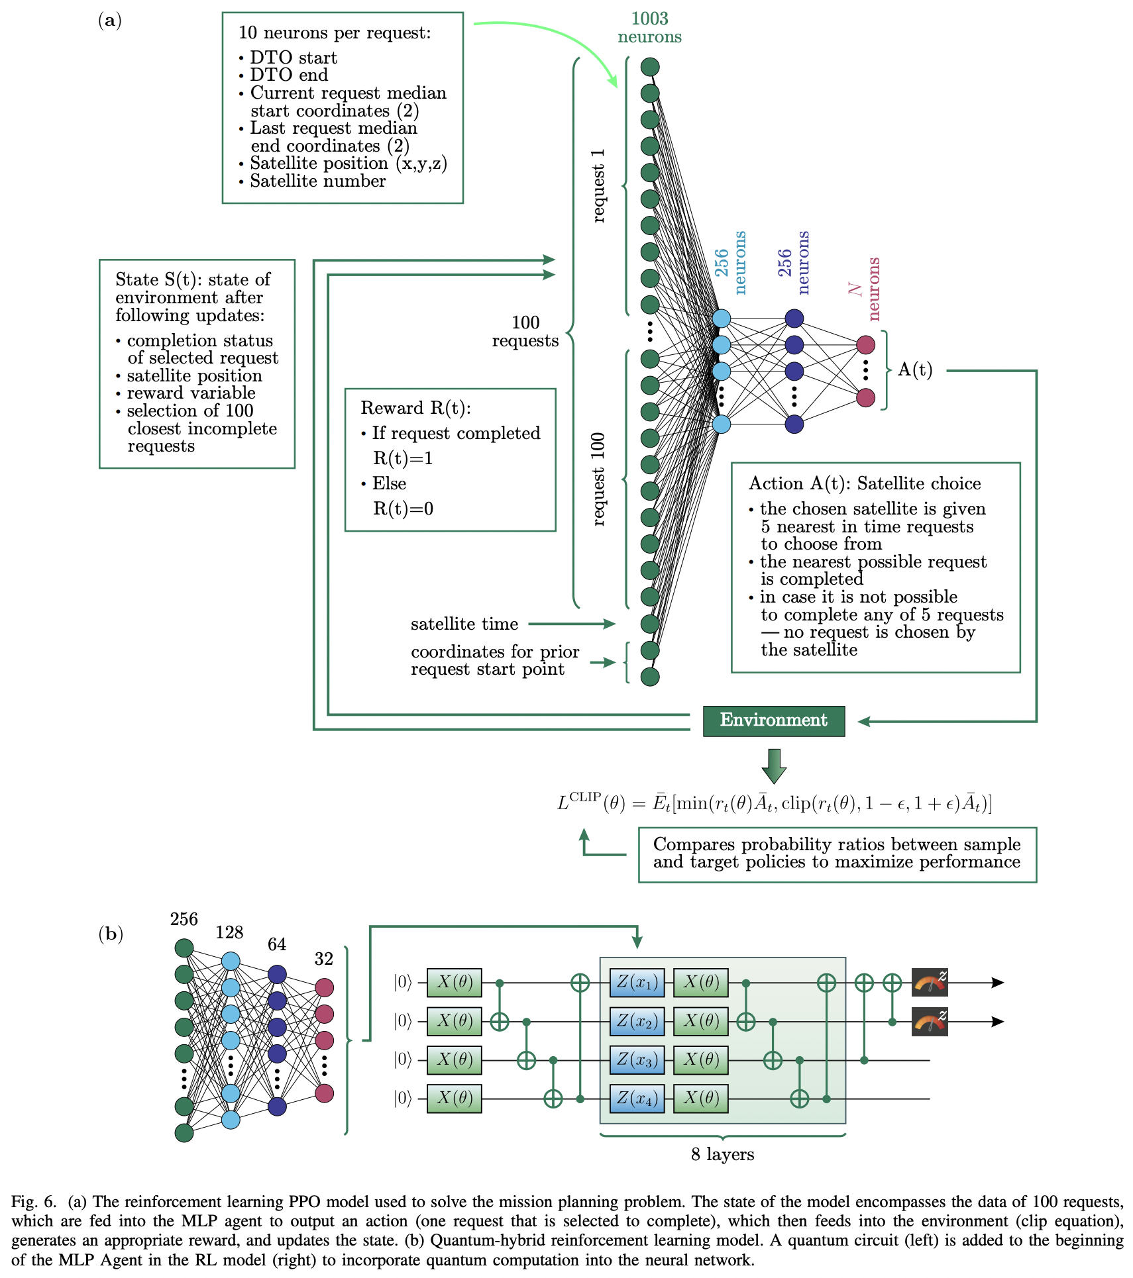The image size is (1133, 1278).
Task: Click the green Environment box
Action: [773, 720]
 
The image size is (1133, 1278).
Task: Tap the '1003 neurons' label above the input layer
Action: [649, 28]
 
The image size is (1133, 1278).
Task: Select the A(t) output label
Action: [915, 369]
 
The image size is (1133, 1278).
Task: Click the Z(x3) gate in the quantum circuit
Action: [637, 1059]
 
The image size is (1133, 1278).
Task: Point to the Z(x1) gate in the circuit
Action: [637, 982]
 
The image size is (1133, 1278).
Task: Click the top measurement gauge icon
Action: [930, 982]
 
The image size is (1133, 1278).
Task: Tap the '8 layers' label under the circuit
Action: [722, 1154]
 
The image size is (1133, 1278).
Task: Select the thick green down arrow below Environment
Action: [773, 765]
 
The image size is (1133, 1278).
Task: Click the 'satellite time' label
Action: [464, 624]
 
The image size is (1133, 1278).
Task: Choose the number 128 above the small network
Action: [229, 932]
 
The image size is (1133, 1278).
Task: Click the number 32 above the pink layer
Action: [323, 958]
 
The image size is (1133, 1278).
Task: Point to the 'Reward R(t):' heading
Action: [415, 408]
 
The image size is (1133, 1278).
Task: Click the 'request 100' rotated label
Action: [598, 479]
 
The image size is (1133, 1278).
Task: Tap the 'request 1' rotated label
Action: [598, 185]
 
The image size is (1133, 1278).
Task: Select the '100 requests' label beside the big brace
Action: [525, 331]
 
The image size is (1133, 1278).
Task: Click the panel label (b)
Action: [111, 934]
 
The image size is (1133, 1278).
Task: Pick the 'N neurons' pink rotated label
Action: [865, 289]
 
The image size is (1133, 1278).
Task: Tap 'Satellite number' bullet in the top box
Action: [317, 181]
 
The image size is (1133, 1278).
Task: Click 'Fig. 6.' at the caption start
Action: [34, 1202]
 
